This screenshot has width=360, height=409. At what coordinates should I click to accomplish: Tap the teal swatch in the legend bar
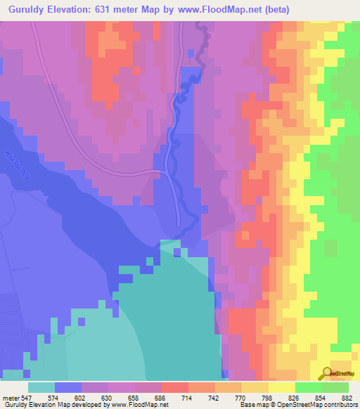click(x=41, y=387)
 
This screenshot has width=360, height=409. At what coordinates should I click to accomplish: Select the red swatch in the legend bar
click(x=174, y=387)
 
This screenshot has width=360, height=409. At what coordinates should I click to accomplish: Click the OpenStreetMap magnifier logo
click(x=327, y=374)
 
